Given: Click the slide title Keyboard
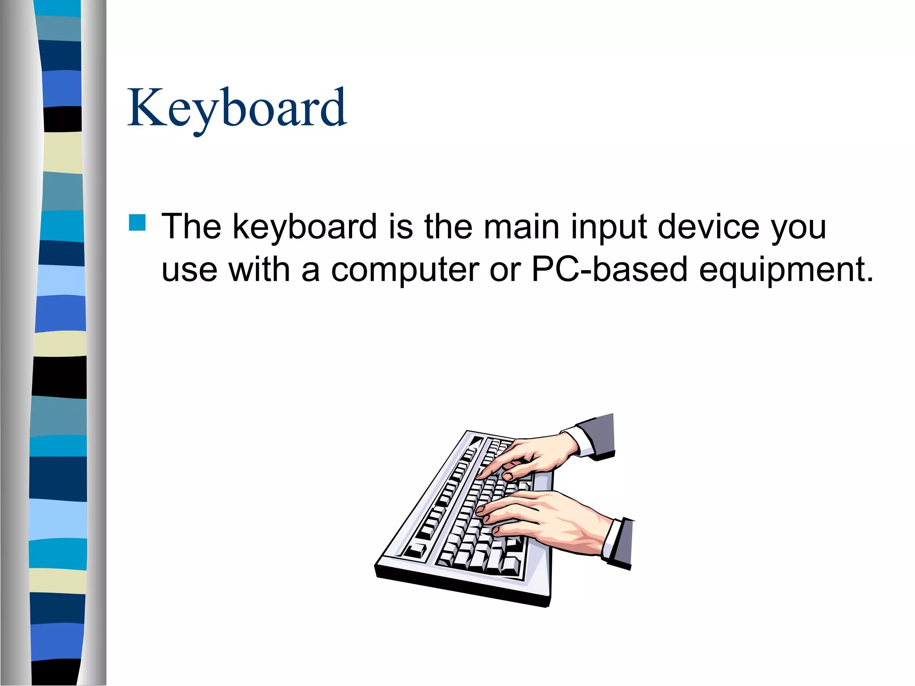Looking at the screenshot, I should tap(237, 109).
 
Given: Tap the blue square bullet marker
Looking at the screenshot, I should tap(137, 222).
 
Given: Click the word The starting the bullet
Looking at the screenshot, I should tap(191, 226).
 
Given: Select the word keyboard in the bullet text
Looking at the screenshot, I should tap(305, 227).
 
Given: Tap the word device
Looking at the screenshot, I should tap(708, 226).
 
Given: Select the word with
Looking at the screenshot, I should tap(259, 269).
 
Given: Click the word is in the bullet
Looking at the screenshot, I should tap(400, 226).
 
